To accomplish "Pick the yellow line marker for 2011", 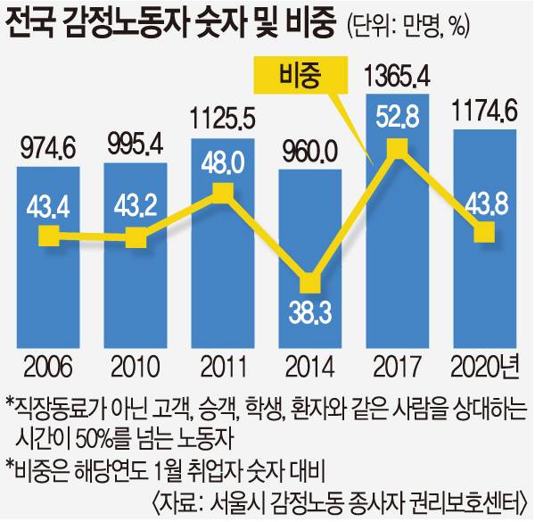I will pos(222,190).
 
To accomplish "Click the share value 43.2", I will pos(136,205).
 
